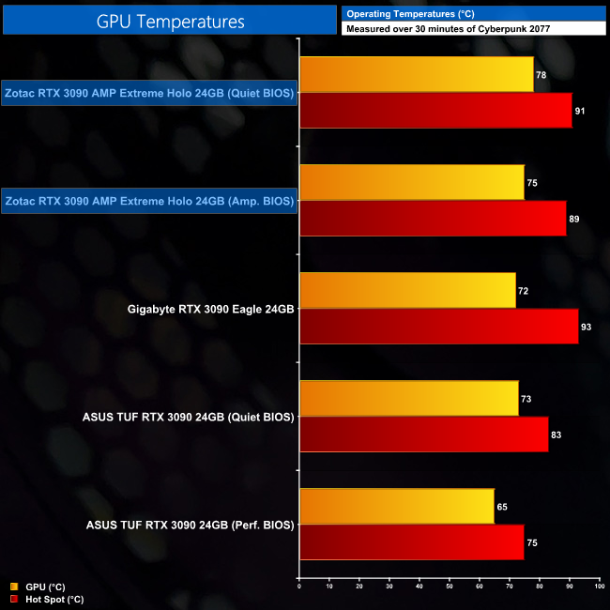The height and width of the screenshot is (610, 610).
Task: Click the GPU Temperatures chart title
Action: coord(170,21)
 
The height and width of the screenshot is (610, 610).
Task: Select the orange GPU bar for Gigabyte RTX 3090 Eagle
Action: coord(407,291)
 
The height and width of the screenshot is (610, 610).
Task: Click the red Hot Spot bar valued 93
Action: coord(438,327)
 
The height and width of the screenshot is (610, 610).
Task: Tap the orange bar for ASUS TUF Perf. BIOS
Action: coord(396,507)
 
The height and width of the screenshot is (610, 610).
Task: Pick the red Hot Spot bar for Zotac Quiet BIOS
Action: coord(435,111)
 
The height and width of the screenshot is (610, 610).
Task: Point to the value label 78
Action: coord(541,75)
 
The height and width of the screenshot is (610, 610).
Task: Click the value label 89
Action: coord(574,219)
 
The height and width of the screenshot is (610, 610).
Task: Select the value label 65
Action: coord(502,507)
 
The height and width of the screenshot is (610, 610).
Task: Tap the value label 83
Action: coord(557,435)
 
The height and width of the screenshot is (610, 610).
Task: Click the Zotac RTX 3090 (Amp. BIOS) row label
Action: coord(150,201)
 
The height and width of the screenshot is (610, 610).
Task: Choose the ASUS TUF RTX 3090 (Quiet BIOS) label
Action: coord(190,417)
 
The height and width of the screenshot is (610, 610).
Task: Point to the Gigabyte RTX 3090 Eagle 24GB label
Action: coord(211,309)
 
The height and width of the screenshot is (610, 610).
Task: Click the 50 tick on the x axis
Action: coord(449,587)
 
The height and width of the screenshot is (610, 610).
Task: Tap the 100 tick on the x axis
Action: coord(598,587)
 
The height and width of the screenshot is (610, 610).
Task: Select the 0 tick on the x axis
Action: coord(299,587)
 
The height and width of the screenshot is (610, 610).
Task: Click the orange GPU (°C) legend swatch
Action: coord(14,587)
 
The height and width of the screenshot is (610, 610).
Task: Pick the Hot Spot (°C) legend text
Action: coord(56,599)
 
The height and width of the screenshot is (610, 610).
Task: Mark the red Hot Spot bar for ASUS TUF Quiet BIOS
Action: coord(423,435)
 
